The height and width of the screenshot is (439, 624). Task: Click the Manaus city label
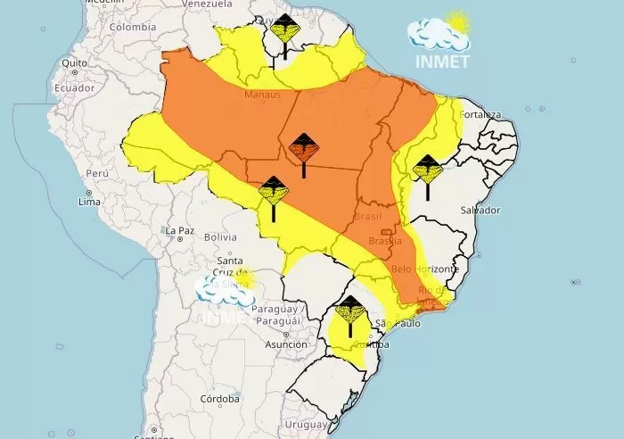262,95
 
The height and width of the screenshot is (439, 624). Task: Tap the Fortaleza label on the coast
480,114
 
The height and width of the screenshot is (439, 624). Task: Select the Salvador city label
479,210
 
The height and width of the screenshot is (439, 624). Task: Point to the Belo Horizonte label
425,269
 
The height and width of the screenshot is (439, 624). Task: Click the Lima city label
89,203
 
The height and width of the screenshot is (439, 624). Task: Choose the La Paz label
179,230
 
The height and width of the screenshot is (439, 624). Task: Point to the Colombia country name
132,27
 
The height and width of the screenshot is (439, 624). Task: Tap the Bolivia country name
220,237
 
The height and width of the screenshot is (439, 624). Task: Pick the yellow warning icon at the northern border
285,32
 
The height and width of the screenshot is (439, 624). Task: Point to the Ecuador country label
74,88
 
